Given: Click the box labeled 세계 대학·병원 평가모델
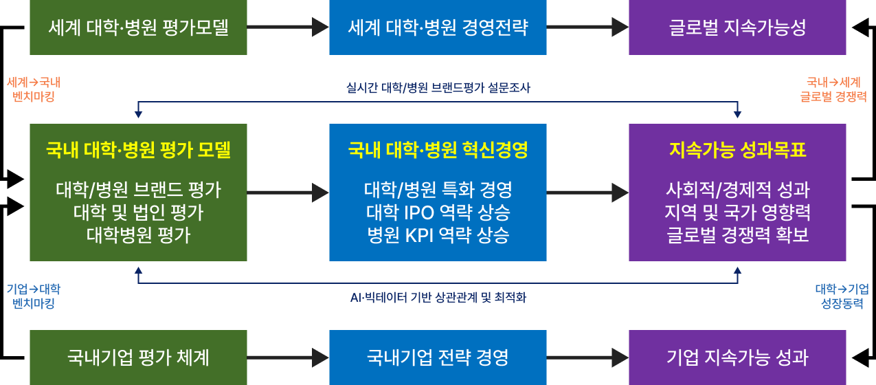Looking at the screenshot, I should point(138,27).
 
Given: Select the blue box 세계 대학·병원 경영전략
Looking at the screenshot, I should point(438,27).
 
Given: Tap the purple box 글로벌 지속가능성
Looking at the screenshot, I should point(737,27).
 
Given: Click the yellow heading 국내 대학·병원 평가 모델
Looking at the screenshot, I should point(138,151).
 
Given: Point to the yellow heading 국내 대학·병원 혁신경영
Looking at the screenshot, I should point(438,151).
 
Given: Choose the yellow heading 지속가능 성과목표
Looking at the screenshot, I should point(737,151).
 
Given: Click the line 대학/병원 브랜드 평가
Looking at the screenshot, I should point(138,189).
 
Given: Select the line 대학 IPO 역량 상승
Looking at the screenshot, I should point(438,212).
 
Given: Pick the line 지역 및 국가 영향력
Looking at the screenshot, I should point(737,212).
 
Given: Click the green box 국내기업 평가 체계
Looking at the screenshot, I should point(138,357).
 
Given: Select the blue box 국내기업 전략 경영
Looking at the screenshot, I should point(438,357).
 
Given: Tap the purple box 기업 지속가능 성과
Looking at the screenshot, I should point(737,357).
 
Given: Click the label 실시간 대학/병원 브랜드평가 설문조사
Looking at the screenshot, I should point(438,88).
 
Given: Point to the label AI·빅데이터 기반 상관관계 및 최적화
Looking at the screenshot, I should point(438,297).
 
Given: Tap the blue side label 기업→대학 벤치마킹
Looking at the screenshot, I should point(33,296).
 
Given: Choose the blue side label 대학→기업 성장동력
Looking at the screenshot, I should point(842,296).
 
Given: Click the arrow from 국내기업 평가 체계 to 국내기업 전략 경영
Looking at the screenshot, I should point(288,357).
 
